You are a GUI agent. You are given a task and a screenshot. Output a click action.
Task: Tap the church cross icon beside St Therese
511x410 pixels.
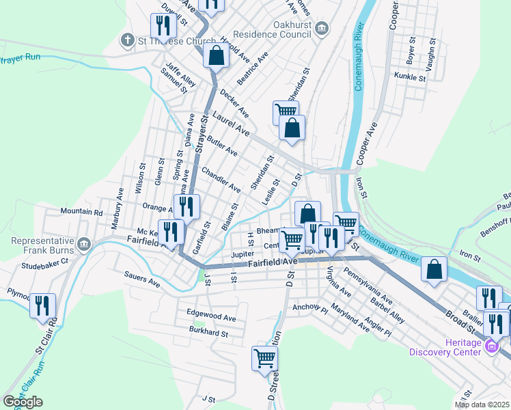coord(127,40)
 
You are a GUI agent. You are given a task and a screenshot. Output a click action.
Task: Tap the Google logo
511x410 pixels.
coord(23,402)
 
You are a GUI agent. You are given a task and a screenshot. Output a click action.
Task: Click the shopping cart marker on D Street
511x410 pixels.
coord(264,357)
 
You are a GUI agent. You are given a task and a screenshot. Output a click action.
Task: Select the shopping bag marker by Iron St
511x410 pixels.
coord(434,269)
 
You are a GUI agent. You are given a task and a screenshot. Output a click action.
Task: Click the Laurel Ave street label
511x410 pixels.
coord(230,122)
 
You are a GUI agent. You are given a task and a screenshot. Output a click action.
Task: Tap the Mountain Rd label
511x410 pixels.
coord(81,213)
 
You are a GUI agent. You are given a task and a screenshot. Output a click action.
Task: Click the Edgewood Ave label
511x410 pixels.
coord(211,317)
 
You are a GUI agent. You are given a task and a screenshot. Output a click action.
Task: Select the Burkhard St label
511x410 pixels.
coord(208,333)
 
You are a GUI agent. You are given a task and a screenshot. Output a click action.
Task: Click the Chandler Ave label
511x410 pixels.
coord(221,178)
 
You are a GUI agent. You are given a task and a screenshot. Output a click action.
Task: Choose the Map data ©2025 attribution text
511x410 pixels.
coord(482,405)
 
